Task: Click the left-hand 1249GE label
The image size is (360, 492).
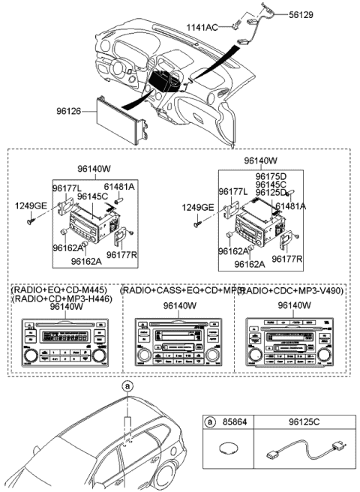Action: [x=28, y=205]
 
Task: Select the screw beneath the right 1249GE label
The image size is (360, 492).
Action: [x=196, y=223]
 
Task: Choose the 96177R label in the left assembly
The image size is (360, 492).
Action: [x=120, y=255]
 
